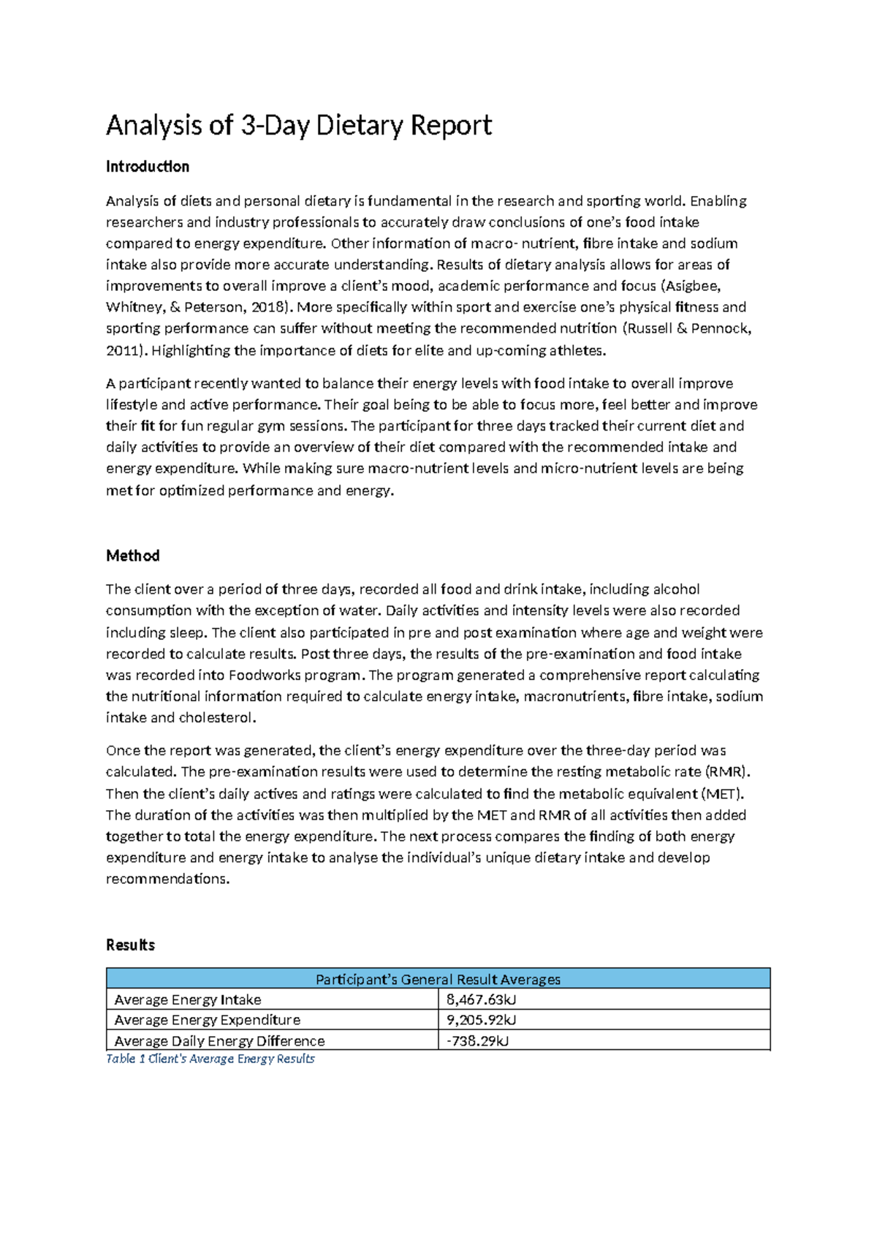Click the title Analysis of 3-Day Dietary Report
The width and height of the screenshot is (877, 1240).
(x=298, y=126)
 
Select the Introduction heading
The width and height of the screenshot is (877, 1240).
(x=147, y=167)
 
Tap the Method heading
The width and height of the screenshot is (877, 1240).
(x=132, y=556)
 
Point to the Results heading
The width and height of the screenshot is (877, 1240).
(x=130, y=945)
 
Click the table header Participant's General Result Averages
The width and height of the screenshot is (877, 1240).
(x=438, y=979)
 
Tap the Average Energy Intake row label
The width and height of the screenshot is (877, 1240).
(x=188, y=999)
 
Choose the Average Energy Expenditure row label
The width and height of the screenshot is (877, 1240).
(x=207, y=1020)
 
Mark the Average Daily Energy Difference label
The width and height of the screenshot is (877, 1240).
(x=219, y=1040)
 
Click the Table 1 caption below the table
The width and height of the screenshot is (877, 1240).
(x=210, y=1059)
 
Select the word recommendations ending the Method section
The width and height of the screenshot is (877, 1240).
(x=167, y=879)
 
